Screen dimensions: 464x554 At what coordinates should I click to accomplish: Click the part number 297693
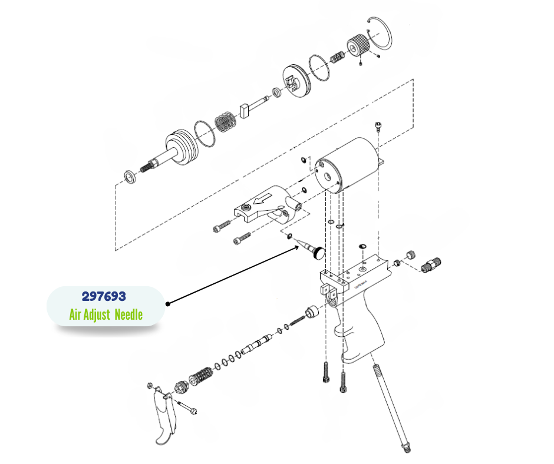click(103, 296)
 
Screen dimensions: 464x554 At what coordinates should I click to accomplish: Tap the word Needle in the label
click(128, 314)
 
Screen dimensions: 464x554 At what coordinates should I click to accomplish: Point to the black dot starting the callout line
click(168, 304)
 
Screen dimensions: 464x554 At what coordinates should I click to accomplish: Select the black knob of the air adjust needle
click(318, 254)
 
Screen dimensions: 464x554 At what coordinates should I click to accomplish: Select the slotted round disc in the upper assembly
click(294, 79)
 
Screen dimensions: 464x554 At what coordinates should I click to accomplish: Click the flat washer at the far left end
click(128, 177)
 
